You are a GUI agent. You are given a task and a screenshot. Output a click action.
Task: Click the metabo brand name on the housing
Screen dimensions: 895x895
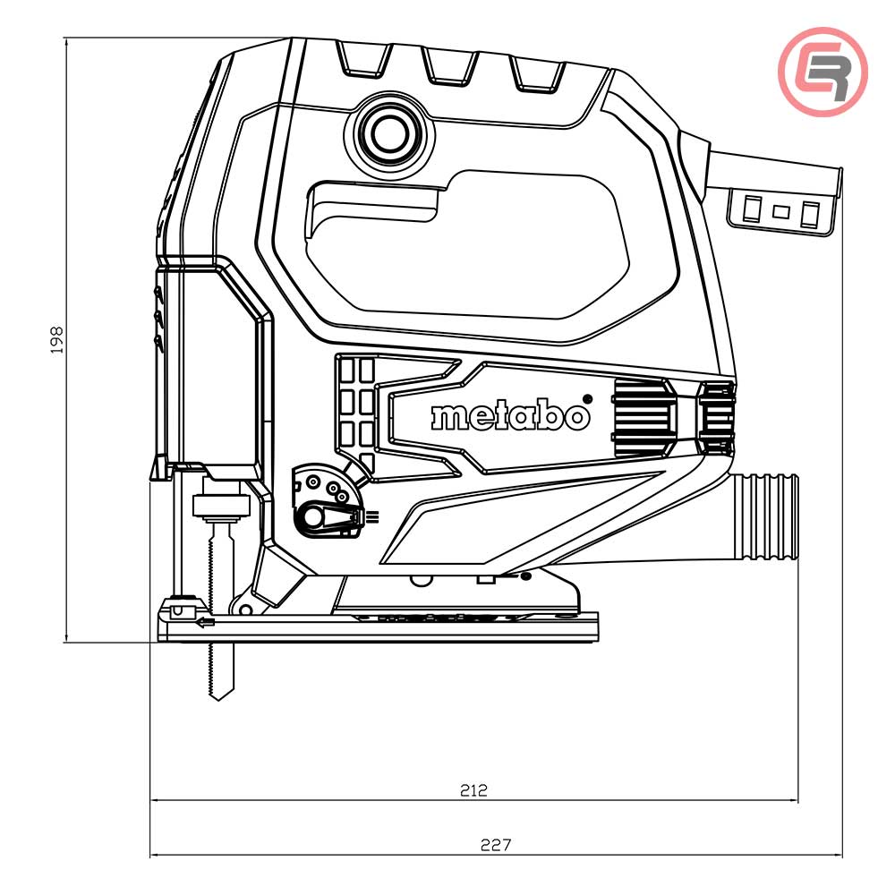click(511, 416)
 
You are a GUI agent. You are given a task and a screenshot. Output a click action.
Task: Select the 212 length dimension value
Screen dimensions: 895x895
click(473, 790)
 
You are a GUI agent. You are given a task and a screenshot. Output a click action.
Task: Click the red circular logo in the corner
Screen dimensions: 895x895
click(822, 72)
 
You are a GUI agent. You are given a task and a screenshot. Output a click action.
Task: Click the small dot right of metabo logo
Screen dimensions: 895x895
click(587, 397)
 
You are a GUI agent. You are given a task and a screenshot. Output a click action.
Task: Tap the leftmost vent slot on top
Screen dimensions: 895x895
click(363, 57)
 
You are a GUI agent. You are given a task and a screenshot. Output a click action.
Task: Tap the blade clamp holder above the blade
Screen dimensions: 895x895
click(220, 505)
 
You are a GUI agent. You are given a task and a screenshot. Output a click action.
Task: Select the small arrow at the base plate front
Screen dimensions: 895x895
click(206, 623)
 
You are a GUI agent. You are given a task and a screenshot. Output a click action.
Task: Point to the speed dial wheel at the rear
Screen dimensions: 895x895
click(717, 416)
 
